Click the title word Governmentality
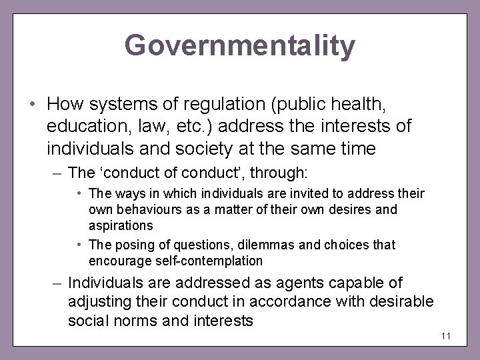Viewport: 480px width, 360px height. coord(240,46)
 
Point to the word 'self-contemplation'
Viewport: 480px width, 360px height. coord(205,261)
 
